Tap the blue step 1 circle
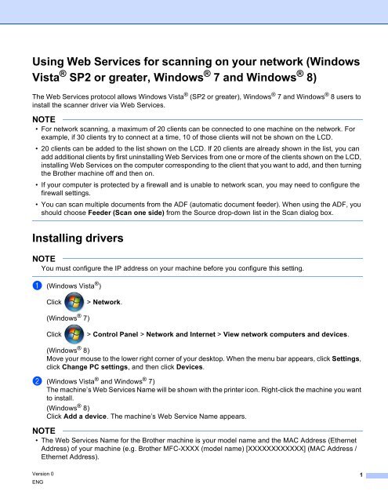pos(35,287)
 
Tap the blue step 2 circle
pos(35,382)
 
